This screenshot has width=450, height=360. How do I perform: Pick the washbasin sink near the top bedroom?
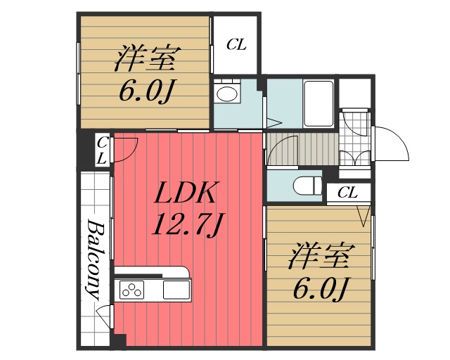226,94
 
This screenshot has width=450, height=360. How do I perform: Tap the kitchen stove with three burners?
131,289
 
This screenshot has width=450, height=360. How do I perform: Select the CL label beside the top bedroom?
236,45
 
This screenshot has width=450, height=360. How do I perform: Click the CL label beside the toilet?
347,192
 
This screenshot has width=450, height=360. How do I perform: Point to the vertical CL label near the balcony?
102,148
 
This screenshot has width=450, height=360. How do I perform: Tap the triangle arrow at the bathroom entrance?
266,120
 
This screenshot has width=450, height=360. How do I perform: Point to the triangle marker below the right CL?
363,215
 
